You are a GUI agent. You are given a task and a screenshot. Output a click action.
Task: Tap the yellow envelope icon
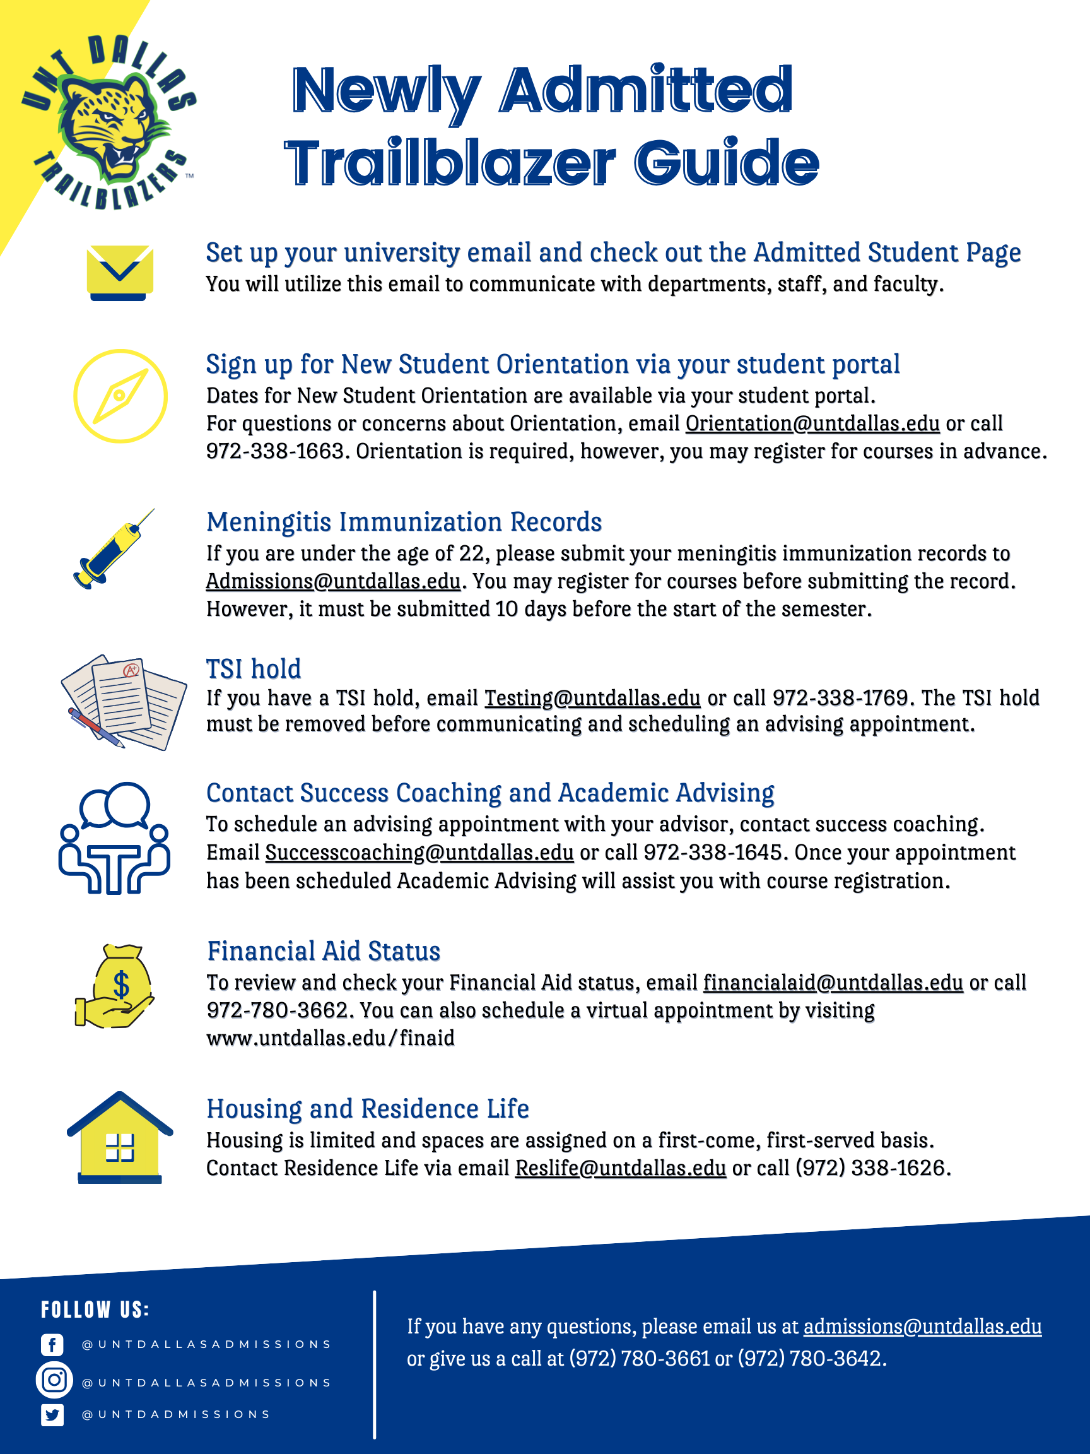point(120,271)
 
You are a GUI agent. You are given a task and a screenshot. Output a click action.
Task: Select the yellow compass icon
point(120,396)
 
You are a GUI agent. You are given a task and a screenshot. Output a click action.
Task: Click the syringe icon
point(112,550)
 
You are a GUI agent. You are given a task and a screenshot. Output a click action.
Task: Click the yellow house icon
point(120,1138)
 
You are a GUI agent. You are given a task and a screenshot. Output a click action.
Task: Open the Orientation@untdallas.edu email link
point(812,424)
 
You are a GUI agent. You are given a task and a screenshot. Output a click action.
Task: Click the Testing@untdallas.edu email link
point(592,698)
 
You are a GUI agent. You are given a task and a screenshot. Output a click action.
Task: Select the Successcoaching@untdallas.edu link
point(419,853)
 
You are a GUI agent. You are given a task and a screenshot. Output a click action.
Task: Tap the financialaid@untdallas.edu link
point(833,983)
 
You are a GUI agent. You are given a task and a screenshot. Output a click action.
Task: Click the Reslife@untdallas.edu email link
point(620,1168)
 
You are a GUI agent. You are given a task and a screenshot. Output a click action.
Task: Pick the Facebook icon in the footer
point(52,1344)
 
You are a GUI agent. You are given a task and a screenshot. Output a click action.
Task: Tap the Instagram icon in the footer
point(54,1379)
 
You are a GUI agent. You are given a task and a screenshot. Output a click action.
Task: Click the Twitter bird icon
point(52,1415)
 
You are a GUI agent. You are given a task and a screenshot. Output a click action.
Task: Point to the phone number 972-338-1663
point(274,452)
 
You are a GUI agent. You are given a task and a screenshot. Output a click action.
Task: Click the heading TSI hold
point(254,669)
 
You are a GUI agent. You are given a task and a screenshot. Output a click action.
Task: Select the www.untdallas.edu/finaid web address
point(331,1039)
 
